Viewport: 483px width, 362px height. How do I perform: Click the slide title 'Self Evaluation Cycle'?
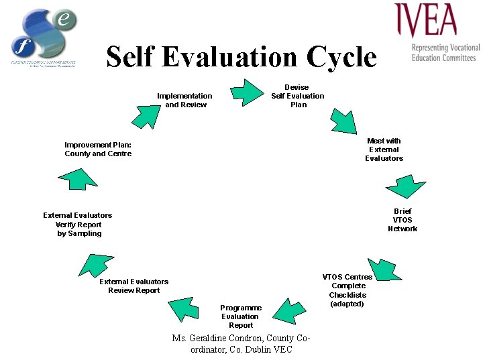[241, 57]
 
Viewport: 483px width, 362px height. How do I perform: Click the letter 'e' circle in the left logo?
[64, 20]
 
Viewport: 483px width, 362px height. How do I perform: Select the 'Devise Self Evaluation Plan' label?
[297, 96]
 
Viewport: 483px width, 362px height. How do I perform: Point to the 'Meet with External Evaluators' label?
[384, 149]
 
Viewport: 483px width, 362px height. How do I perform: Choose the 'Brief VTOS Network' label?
[402, 220]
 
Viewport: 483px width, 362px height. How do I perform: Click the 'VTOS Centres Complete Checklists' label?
[347, 290]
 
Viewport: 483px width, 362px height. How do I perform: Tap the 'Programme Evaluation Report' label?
[240, 316]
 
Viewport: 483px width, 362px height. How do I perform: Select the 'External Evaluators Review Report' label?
[133, 286]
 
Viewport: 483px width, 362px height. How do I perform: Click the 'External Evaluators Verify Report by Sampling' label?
[78, 225]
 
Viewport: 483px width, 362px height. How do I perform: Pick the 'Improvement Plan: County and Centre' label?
[98, 149]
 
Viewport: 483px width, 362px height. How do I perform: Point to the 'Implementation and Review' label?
[184, 100]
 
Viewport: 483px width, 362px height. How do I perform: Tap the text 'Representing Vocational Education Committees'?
[445, 53]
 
